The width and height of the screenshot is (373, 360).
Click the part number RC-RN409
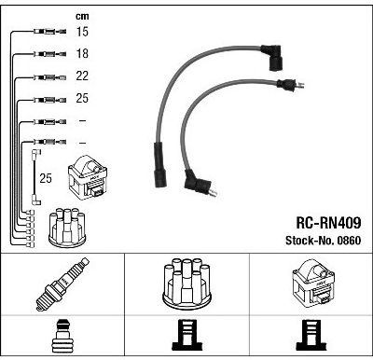click(328, 223)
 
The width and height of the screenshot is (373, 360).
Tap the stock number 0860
click(349, 241)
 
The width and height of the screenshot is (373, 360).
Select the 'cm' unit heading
click(82, 16)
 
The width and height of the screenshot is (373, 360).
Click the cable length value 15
click(82, 32)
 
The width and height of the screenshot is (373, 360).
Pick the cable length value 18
click(82, 53)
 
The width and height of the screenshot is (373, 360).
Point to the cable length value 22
click(82, 76)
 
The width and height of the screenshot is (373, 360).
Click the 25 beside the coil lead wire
click(46, 178)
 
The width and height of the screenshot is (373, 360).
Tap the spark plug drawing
click(62, 284)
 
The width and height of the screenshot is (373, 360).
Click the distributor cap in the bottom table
click(186, 284)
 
